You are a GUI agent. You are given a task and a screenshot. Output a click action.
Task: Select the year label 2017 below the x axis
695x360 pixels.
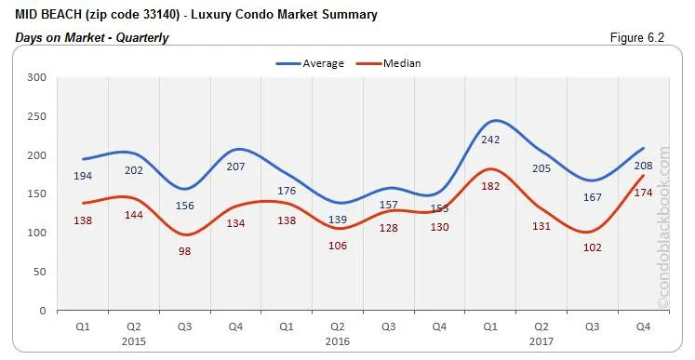click(541, 340)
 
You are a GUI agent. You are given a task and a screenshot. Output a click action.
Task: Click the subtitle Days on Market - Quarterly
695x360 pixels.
click(91, 37)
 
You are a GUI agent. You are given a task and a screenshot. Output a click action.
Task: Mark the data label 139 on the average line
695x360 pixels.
click(339, 219)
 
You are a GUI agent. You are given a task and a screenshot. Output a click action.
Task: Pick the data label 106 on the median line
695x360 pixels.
click(339, 246)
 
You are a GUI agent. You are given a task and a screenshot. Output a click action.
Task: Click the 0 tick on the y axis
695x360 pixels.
click(43, 311)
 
